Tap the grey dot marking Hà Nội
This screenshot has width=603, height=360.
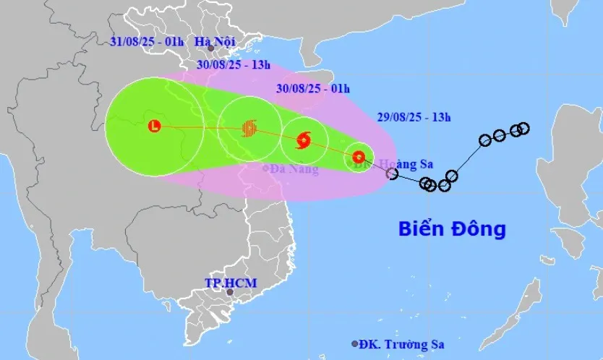[210, 49]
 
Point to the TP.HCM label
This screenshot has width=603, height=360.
[230, 282]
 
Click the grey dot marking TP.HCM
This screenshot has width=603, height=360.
[230, 293]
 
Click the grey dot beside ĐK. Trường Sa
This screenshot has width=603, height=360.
[354, 344]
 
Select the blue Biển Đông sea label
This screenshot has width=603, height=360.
[452, 230]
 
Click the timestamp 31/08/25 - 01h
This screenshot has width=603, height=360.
[147, 41]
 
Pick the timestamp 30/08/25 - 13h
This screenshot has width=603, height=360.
[234, 66]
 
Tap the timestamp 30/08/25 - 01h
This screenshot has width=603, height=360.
[313, 89]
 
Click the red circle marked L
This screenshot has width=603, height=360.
[154, 127]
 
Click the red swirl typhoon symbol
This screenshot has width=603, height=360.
[304, 139]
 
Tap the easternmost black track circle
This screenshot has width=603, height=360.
[523, 128]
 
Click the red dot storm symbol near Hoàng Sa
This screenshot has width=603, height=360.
[359, 156]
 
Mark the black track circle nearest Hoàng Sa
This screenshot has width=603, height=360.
[392, 173]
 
